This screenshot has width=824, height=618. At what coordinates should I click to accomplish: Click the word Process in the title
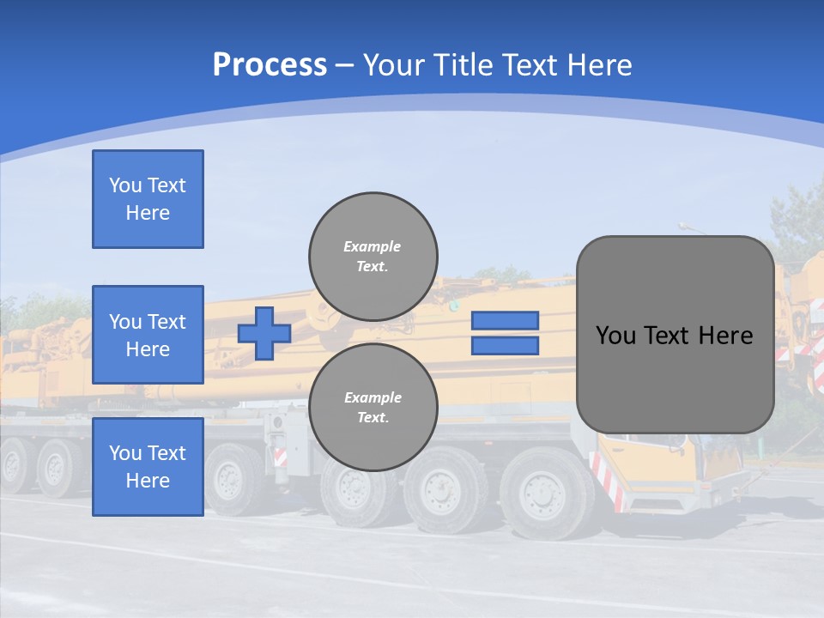tap(270, 65)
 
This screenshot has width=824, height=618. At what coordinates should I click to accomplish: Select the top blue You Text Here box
tap(148, 199)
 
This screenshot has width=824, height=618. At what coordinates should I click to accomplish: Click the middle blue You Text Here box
tap(148, 335)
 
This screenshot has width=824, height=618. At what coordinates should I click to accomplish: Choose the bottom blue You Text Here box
tap(148, 466)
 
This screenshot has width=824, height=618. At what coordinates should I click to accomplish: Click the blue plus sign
tap(264, 333)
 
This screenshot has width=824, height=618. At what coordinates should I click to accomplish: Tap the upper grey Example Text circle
tap(373, 256)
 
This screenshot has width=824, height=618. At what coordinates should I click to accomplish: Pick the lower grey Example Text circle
tap(373, 407)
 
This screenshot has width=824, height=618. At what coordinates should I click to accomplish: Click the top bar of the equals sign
tap(505, 321)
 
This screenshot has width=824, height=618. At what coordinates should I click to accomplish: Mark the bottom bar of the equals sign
tap(505, 346)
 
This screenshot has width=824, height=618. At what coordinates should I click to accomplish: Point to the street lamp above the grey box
tap(687, 227)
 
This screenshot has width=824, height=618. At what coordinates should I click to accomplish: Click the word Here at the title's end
tap(598, 65)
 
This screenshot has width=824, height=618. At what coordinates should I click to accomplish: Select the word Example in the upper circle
tap(373, 246)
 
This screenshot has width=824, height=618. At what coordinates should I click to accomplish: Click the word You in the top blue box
tap(125, 185)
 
